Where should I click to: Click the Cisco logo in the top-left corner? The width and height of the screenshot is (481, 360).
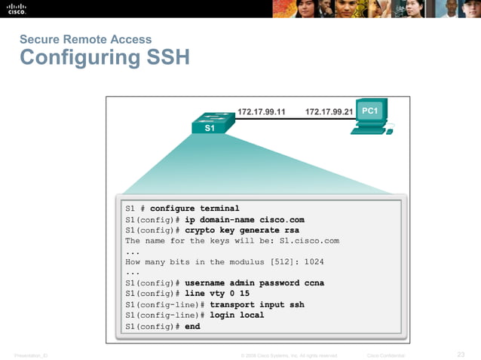click(17, 9)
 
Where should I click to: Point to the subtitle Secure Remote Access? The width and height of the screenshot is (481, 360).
click(85, 39)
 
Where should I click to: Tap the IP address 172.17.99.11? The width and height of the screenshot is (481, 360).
click(262, 112)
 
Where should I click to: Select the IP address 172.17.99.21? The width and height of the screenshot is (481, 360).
click(329, 112)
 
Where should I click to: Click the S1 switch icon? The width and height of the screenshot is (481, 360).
click(210, 122)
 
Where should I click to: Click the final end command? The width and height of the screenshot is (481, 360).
click(192, 326)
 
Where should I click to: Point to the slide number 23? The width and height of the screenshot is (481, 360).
click(461, 354)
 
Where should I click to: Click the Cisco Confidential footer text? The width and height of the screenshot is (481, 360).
click(385, 355)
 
